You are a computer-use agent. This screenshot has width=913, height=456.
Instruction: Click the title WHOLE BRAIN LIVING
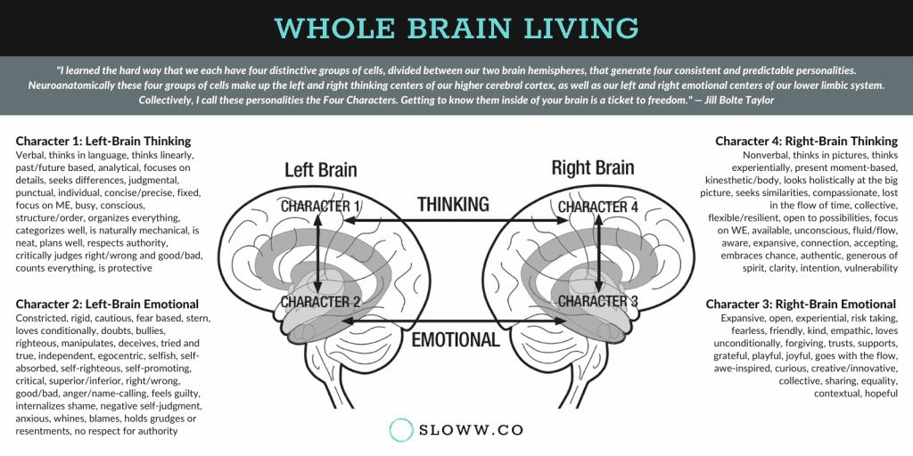tap(456, 28)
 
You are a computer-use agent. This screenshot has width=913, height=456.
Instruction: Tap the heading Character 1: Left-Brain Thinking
tap(103, 141)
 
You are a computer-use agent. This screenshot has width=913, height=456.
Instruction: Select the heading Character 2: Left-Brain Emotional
tap(107, 304)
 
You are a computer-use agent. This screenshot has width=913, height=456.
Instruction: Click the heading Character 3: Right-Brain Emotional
tap(801, 304)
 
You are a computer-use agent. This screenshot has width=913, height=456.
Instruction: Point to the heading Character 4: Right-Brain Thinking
tap(806, 141)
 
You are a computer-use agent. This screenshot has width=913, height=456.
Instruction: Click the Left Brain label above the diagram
tap(321, 170)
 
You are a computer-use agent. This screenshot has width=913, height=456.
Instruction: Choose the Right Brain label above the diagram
tap(593, 168)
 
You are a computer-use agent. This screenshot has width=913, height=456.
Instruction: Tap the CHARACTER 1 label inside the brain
tap(321, 207)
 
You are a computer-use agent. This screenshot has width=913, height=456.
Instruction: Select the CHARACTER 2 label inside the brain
tap(321, 302)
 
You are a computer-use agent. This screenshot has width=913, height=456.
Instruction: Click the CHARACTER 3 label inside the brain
tap(598, 301)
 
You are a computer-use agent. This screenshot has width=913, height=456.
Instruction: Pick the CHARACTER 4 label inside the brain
tap(598, 207)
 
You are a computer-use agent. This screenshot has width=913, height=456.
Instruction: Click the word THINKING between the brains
tap(453, 205)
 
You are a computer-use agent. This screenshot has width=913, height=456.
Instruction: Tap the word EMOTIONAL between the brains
tap(456, 339)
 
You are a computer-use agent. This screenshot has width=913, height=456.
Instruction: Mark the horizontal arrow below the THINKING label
tap(456, 221)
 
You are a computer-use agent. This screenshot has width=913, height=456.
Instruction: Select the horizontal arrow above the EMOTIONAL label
tap(456, 321)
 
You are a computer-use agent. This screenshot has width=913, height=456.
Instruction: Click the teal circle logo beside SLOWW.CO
tap(401, 430)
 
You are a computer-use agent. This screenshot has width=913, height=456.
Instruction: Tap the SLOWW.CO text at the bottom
tap(471, 430)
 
